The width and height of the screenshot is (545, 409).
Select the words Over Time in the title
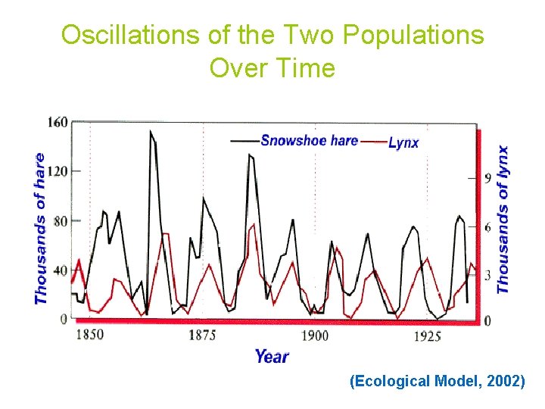pos(272,68)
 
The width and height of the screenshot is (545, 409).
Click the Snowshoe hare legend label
pos(309,140)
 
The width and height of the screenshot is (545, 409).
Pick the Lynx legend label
pos(403,142)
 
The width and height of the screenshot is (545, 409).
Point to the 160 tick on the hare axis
pos(58,122)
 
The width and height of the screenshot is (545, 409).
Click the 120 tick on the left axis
pos(58,170)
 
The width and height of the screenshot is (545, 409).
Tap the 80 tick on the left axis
pos(60,221)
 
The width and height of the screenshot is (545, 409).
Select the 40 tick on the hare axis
pos(60,270)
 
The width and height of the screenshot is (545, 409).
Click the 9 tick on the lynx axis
pos(488,178)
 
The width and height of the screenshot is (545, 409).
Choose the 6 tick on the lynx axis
pos(488,227)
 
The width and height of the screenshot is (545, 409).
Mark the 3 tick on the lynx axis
pos(488,274)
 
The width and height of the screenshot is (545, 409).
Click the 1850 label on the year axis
pos(89,334)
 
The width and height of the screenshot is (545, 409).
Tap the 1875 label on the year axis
pos(202,335)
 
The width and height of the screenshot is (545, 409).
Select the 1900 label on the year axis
pos(314,336)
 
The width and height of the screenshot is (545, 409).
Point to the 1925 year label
pos(427,336)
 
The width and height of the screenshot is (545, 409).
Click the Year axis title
pos(271,356)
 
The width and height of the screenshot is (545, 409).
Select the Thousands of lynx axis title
pos(503,220)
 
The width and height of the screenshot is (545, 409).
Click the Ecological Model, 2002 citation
pos(437,381)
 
